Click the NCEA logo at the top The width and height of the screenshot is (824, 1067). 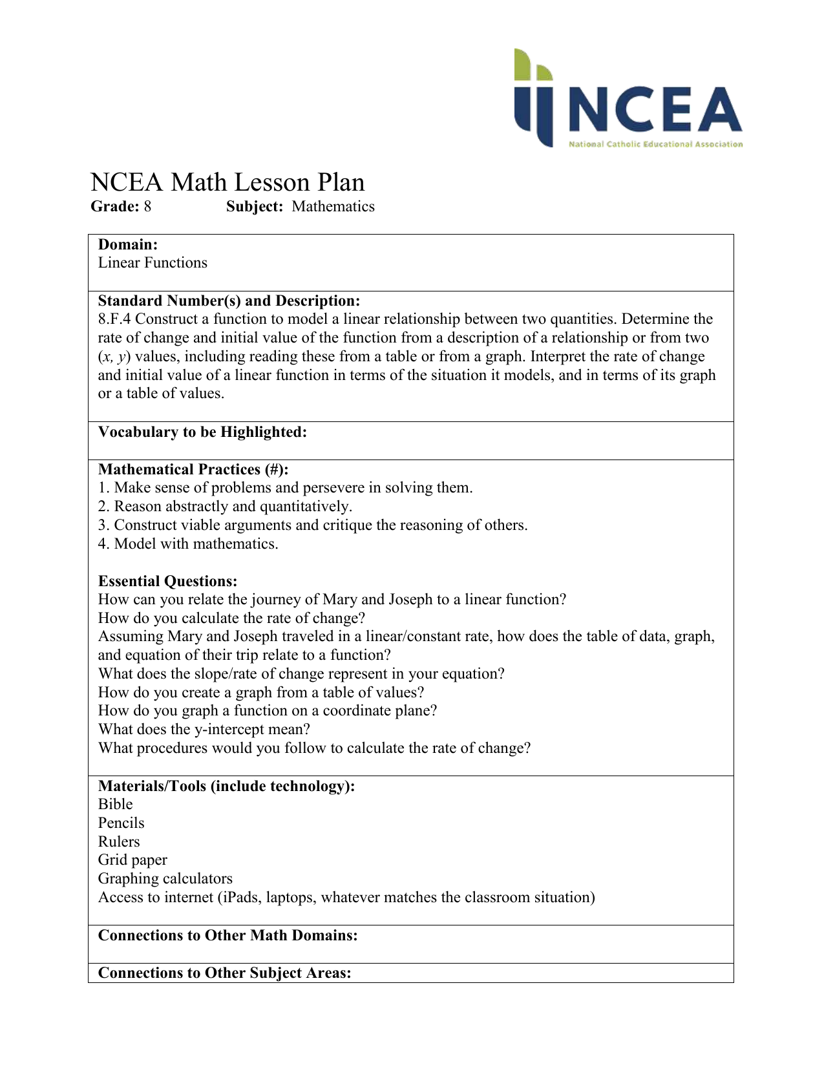[628, 98]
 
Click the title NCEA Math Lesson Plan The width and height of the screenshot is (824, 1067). [227, 182]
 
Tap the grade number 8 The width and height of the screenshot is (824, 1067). [147, 207]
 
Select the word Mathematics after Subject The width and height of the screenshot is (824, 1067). [333, 207]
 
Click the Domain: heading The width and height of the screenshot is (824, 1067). [128, 244]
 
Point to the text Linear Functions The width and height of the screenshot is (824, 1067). [153, 263]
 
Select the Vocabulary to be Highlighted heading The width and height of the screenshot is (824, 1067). [202, 432]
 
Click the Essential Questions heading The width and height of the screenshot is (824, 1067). [167, 582]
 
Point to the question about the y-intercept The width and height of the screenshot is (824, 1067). [204, 730]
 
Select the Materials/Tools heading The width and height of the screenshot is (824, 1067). [226, 787]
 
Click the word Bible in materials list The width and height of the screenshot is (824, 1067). [115, 805]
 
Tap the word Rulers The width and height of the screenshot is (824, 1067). [119, 842]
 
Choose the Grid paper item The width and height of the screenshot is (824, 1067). [132, 860]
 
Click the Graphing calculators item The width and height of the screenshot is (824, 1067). [165, 879]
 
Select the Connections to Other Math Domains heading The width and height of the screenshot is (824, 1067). [227, 936]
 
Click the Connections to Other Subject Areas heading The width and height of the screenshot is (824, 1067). [224, 973]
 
